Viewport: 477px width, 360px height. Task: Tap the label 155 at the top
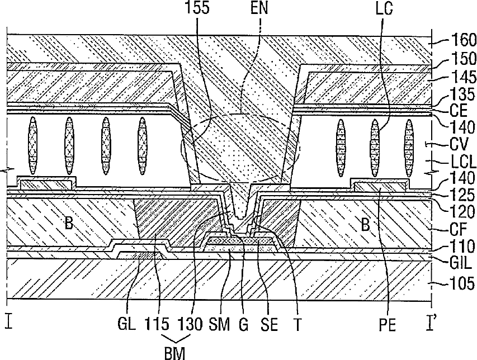click(x=197, y=8)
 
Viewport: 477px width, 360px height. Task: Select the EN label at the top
click(x=259, y=8)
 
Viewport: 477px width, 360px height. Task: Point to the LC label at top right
click(x=384, y=8)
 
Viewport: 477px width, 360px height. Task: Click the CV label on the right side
click(x=459, y=144)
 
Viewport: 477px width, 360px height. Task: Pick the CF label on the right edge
click(x=458, y=230)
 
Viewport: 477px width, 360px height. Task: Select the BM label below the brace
click(x=174, y=353)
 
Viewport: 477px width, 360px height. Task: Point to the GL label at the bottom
click(x=126, y=324)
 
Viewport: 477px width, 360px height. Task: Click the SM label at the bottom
click(x=219, y=324)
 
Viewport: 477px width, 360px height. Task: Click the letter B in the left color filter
click(x=69, y=224)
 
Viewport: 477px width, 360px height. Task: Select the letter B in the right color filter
click(x=365, y=225)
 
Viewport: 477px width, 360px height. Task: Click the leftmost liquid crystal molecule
click(x=33, y=146)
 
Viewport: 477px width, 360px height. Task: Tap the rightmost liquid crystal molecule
click(x=409, y=148)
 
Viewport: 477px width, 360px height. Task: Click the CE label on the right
click(x=459, y=111)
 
